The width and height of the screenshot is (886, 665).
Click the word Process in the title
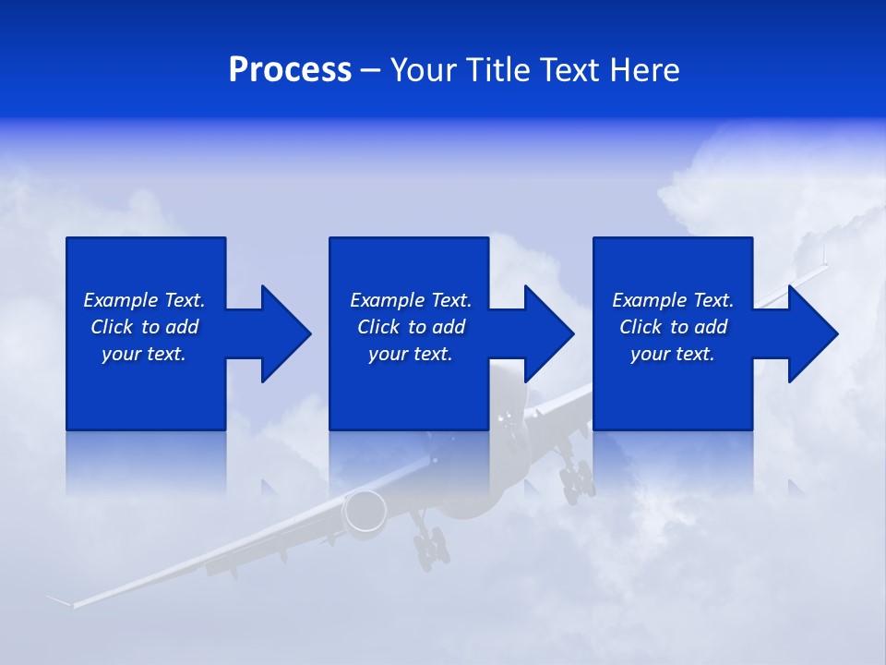point(290,70)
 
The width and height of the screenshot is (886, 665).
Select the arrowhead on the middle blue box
point(547,333)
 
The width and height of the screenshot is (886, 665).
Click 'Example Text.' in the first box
point(144,300)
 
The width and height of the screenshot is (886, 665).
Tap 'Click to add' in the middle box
point(411,327)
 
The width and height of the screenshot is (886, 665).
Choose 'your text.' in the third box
point(672,354)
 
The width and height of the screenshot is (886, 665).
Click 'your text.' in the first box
point(144,354)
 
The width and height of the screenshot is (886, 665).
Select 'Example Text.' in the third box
point(672,300)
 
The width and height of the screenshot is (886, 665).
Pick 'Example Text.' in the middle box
point(411,300)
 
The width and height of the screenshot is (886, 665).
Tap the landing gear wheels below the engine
point(430,550)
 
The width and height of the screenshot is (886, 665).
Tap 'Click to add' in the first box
point(144,327)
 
